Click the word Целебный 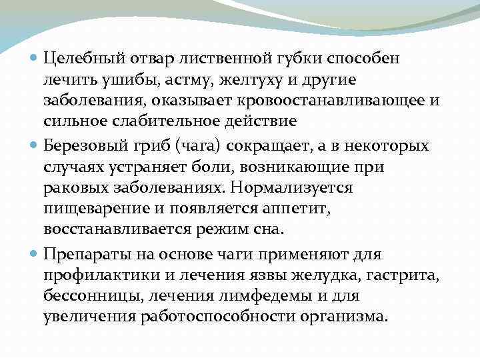click(x=83, y=58)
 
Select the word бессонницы click(x=85, y=295)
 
